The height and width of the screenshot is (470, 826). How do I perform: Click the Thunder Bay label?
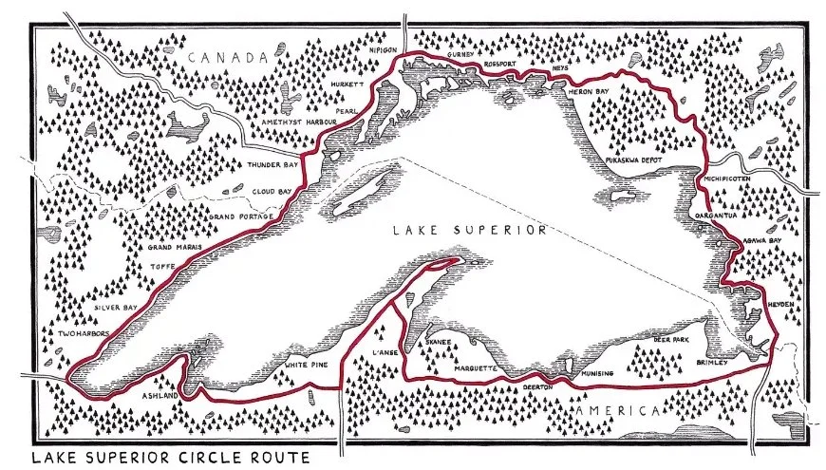coord(272,165)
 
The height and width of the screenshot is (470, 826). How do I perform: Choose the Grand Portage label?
coord(241,217)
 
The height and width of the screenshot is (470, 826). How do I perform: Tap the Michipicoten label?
coord(727,178)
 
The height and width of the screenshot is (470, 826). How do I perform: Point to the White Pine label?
coord(306,365)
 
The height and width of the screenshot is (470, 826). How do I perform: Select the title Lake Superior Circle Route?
coord(171,458)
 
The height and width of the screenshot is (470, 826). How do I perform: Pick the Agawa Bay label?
coord(761,242)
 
